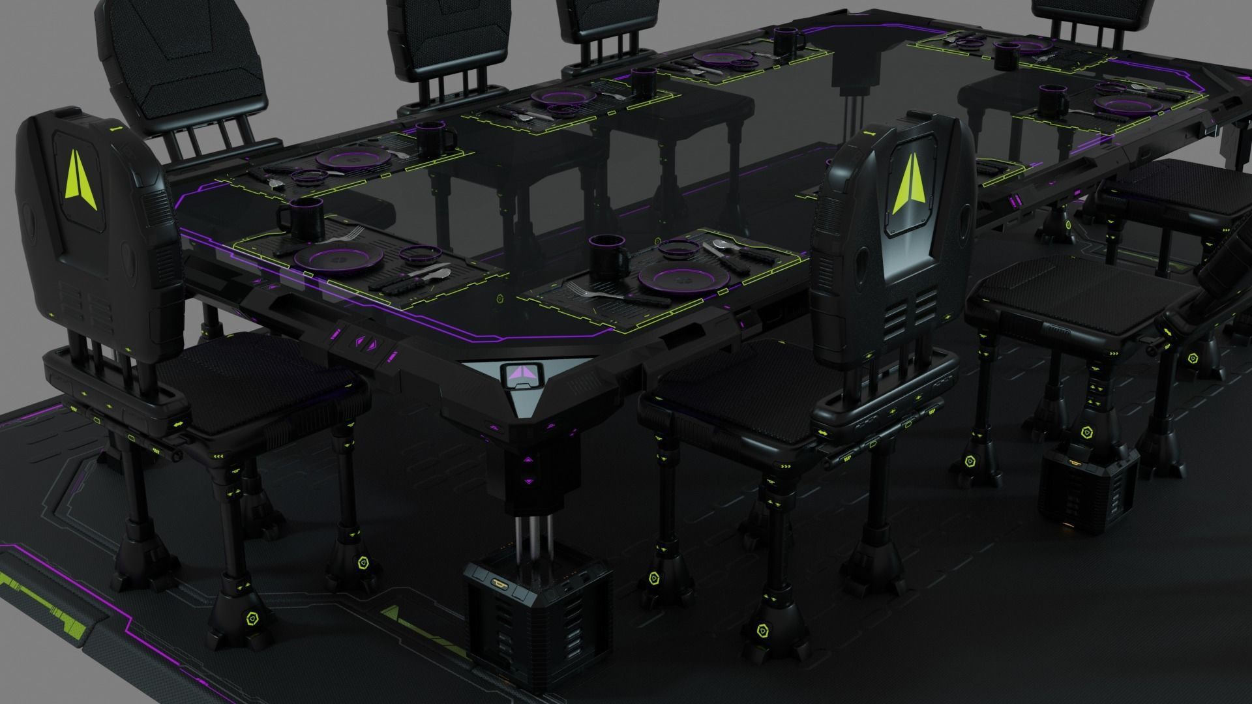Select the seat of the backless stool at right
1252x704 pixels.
[x=1069, y=287]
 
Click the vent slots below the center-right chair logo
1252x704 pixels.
[x=912, y=309]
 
